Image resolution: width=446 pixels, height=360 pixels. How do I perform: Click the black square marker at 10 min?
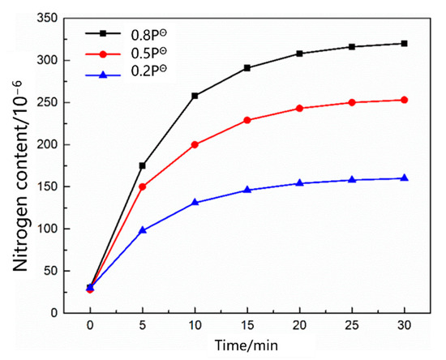coord(195,96)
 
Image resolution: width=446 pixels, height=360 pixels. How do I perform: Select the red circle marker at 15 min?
coord(247,120)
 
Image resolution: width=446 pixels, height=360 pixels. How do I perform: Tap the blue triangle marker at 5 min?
coord(142,230)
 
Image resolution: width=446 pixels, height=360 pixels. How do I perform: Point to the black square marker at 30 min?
coord(404,44)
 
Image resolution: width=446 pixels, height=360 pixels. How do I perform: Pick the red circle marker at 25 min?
coord(352,102)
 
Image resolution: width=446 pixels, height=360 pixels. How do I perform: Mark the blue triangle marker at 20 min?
coord(299,183)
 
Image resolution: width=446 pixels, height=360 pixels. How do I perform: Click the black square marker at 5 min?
coord(142,165)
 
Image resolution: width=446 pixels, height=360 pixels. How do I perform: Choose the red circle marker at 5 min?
coord(142,186)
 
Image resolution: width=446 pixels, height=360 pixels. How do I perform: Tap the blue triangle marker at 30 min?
coord(404,178)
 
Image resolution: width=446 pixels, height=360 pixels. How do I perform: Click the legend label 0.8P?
coord(152,34)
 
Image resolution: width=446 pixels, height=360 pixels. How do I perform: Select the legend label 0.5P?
coord(152,54)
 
